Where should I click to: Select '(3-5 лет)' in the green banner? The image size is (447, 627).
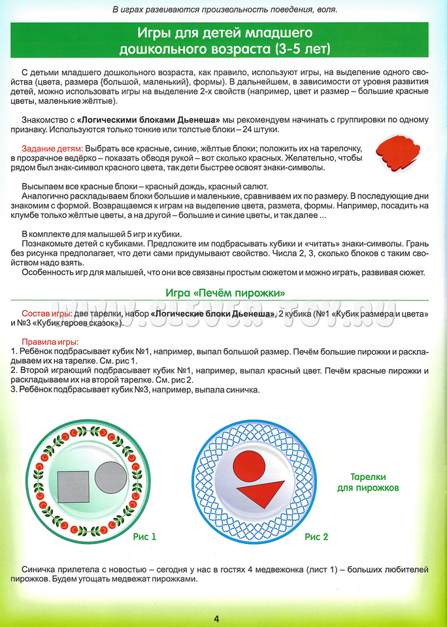click(x=297, y=49)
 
